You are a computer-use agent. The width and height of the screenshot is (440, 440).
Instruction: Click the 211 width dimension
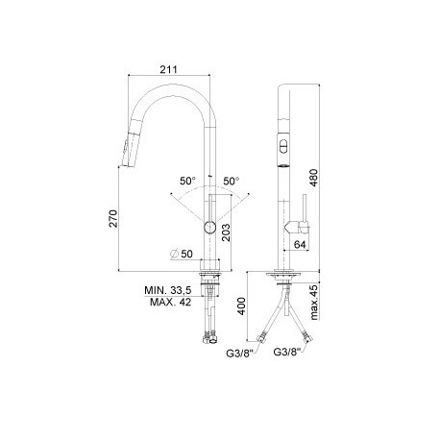click(168, 69)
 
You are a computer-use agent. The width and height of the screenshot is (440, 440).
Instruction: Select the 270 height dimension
click(113, 218)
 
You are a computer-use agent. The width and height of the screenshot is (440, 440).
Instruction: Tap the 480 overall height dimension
click(314, 178)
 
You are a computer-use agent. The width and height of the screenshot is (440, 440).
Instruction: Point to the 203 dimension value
click(226, 232)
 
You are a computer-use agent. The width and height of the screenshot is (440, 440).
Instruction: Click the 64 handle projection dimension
click(300, 245)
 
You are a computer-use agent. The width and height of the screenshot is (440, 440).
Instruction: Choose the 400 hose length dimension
click(242, 306)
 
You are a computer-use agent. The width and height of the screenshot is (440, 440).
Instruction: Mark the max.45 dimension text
click(314, 302)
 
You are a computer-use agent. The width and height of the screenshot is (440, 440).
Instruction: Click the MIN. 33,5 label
click(168, 290)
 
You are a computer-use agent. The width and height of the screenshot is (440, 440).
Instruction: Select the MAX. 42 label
click(170, 302)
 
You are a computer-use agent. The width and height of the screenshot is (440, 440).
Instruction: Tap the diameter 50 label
click(182, 254)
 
